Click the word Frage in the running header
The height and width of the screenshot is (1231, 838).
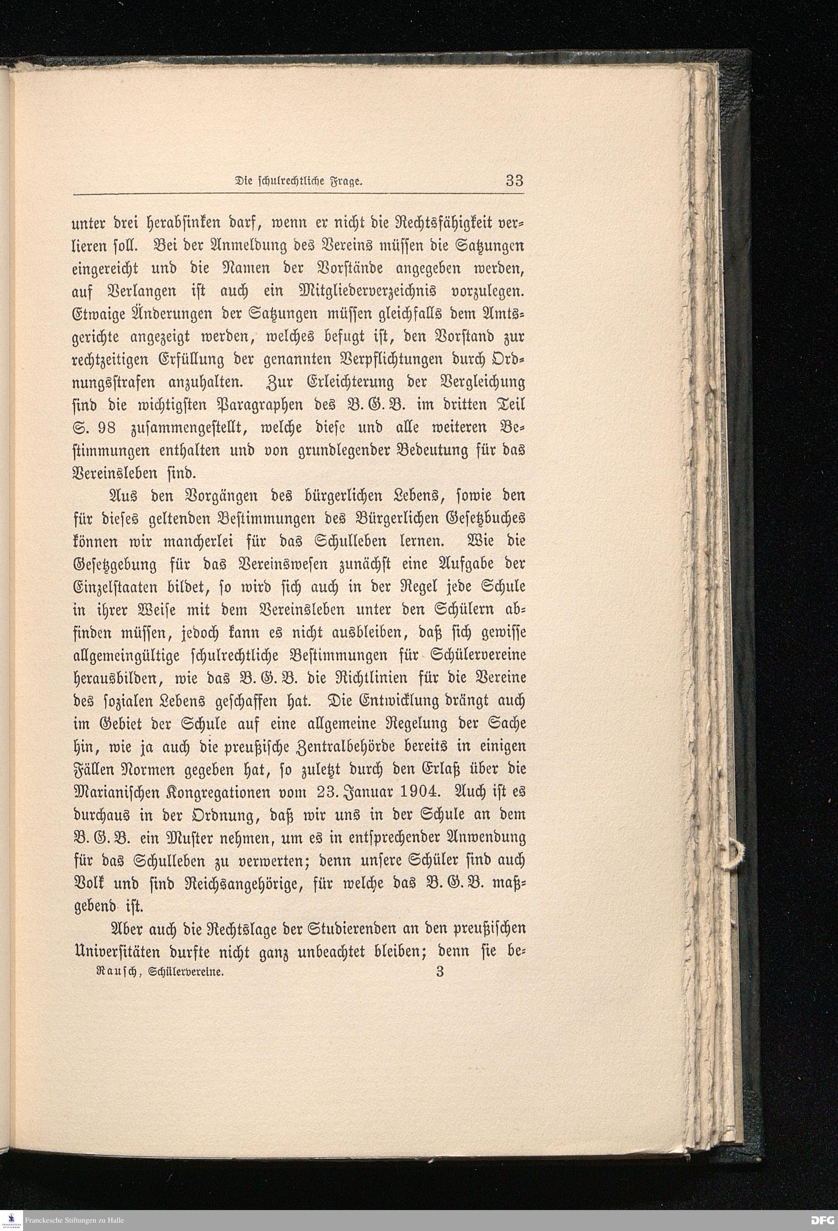pyautogui.click(x=346, y=182)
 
